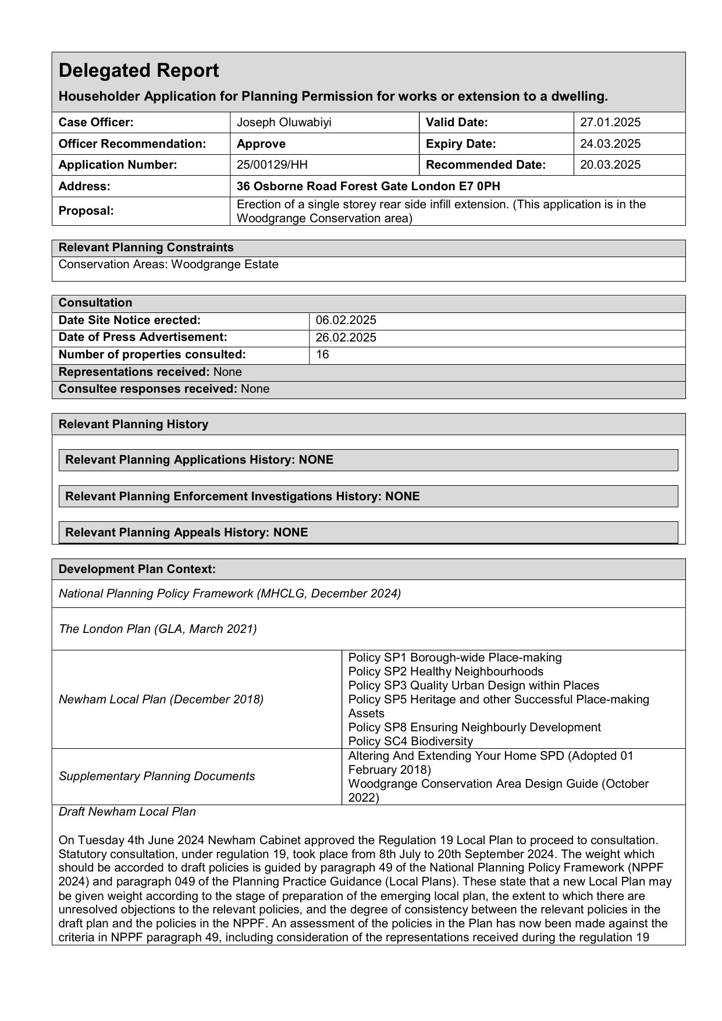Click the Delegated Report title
tap(139, 70)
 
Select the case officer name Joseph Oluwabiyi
tap(276, 122)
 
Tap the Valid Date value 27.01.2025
tap(610, 122)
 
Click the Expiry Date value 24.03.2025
tap(610, 144)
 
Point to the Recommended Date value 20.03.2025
tap(610, 165)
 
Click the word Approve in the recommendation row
tap(261, 144)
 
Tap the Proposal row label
tap(86, 211)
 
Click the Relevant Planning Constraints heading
tap(146, 247)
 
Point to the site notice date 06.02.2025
tap(346, 320)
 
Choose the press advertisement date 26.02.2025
tap(346, 337)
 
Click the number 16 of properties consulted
tap(322, 354)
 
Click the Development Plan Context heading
tap(137, 569)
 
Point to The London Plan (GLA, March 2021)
tap(158, 629)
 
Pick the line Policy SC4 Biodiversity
tap(411, 741)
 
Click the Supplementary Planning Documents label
tap(157, 776)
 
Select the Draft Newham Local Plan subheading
tap(127, 812)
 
